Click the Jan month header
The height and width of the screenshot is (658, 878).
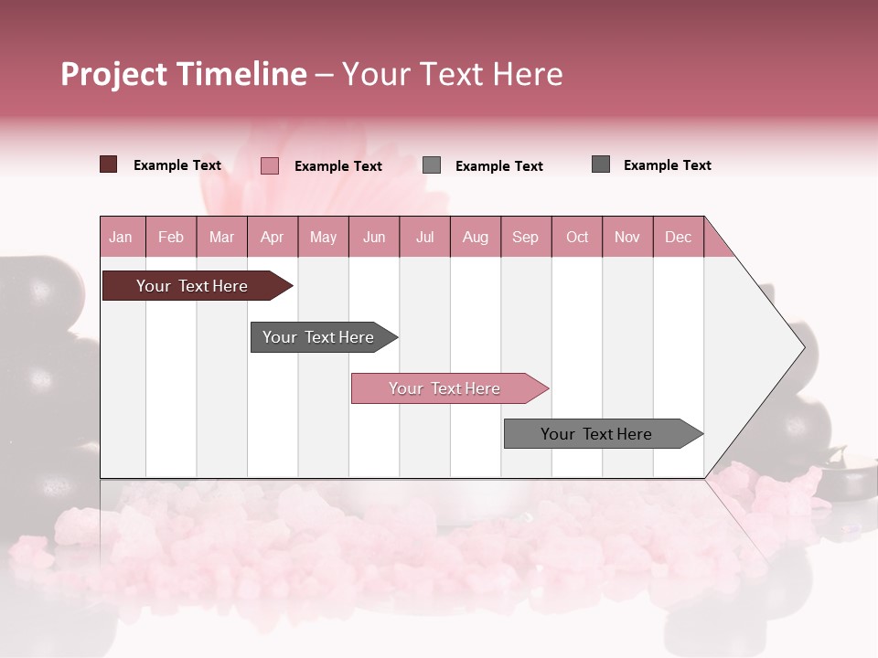click(121, 237)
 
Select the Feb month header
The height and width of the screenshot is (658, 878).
click(171, 237)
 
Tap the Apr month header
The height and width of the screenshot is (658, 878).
click(272, 237)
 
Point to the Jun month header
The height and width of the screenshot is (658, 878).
click(374, 237)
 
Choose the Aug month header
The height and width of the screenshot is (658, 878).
click(475, 237)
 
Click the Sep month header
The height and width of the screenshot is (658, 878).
click(525, 237)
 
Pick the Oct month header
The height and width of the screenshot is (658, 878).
click(577, 237)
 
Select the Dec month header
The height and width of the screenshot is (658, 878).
click(678, 237)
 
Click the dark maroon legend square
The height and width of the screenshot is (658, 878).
click(108, 164)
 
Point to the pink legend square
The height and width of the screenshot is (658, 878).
click(269, 165)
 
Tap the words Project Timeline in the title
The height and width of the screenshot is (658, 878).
click(183, 74)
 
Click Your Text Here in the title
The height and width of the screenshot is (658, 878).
click(452, 74)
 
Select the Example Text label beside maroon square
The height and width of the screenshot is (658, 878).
click(177, 165)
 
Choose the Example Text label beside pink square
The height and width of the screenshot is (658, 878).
click(338, 166)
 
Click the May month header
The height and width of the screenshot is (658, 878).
click(323, 237)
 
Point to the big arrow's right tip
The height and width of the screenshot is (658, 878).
click(802, 347)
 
